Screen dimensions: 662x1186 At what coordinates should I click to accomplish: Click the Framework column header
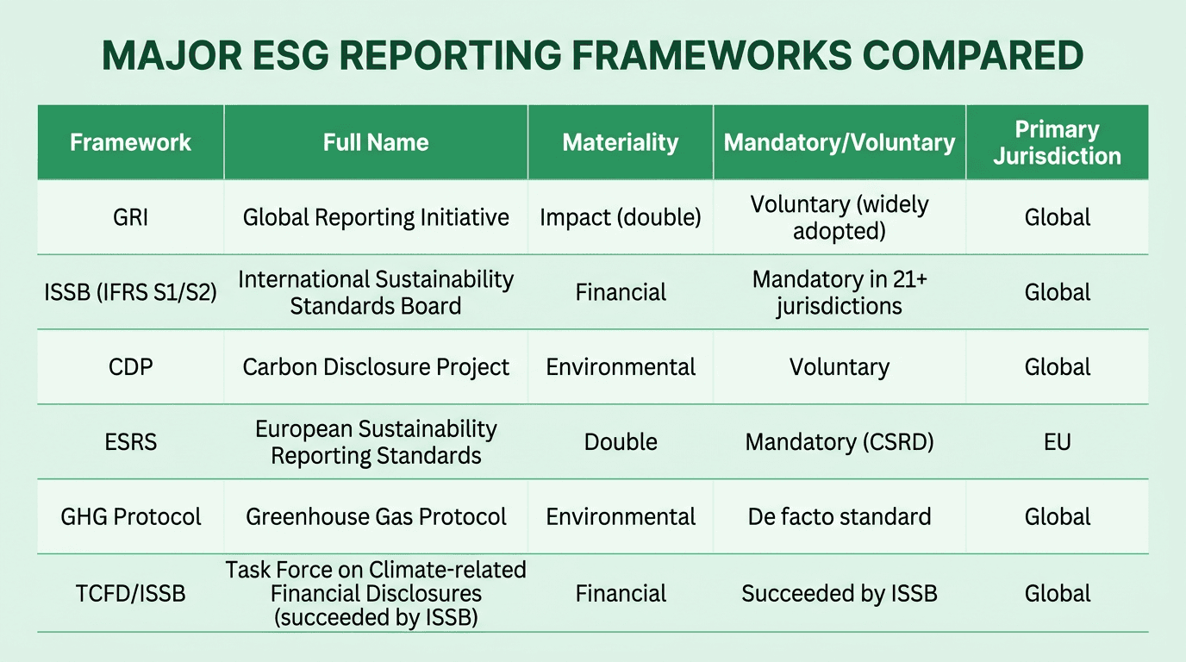(130, 142)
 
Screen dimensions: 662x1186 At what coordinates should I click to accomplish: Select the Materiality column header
(620, 142)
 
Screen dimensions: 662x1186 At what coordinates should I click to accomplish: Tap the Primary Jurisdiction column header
(1057, 142)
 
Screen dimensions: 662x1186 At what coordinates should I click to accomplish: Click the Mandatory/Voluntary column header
(839, 142)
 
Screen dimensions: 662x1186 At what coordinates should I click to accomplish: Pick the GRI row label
(130, 217)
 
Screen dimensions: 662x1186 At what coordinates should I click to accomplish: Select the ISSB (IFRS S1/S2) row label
(130, 292)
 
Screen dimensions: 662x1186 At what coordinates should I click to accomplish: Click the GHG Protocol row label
(130, 517)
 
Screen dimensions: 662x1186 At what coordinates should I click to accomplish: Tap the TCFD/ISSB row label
(130, 593)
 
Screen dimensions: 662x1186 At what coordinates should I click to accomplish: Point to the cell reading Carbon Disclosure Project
(376, 367)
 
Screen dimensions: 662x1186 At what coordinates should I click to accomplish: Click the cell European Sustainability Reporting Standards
(376, 442)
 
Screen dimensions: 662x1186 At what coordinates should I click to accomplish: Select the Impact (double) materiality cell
(620, 217)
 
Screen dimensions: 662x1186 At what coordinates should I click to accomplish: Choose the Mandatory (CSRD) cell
(839, 442)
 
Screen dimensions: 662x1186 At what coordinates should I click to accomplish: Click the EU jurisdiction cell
(1057, 442)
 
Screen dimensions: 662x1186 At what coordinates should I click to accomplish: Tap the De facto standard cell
(839, 517)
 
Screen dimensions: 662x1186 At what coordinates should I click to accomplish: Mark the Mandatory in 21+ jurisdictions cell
(839, 292)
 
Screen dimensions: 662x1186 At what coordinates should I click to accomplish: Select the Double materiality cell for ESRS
(620, 442)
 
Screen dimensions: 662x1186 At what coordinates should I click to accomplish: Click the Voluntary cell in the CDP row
(839, 367)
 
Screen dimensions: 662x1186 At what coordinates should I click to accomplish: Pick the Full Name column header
(376, 142)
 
